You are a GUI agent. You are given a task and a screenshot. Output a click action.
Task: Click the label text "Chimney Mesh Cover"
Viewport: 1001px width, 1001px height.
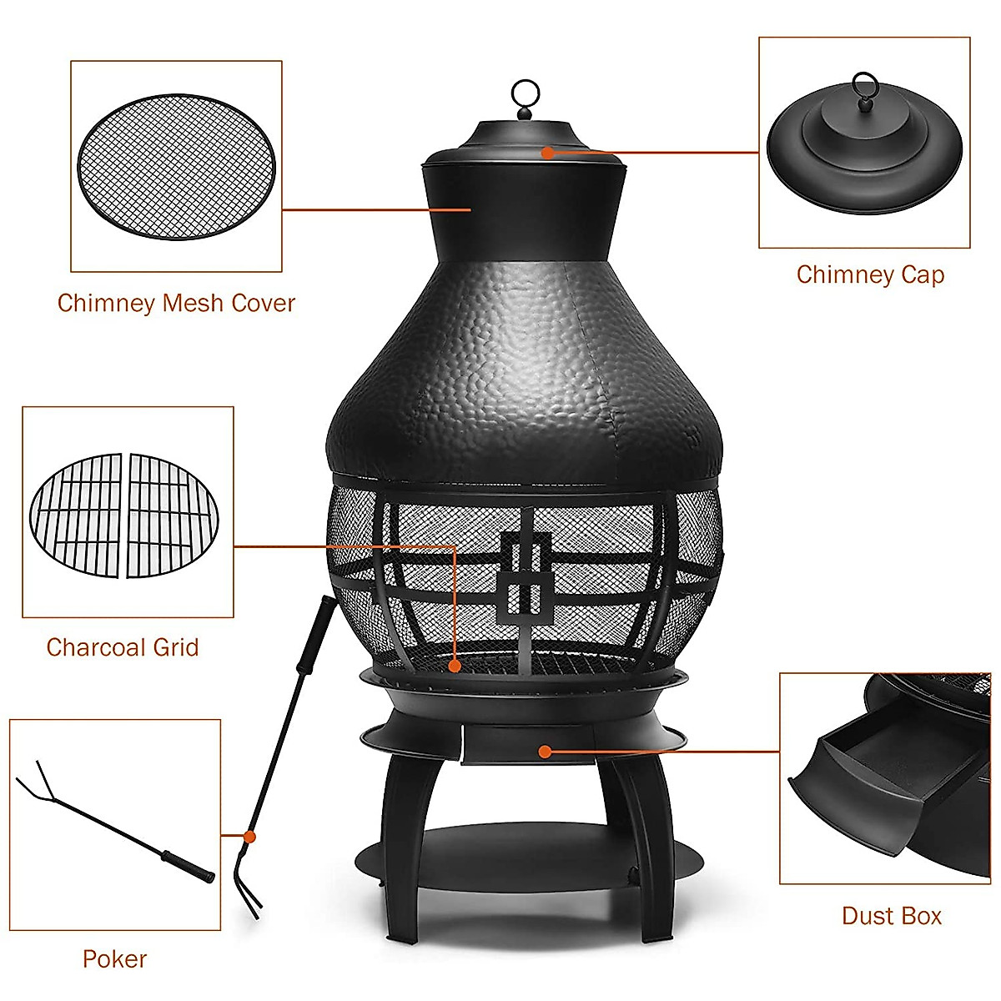176,303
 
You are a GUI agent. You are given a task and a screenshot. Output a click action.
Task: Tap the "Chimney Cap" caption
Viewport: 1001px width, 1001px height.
870,274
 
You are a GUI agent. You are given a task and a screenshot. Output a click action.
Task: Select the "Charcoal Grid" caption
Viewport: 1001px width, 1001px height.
123,647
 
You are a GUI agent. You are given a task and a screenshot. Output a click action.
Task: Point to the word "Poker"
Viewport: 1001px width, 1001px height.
114,959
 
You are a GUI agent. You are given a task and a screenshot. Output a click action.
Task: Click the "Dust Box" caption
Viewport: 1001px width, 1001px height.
892,916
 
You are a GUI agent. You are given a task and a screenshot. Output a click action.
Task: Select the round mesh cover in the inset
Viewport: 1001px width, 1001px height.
176,165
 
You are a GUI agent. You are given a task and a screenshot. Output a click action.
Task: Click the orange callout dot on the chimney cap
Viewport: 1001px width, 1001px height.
546,152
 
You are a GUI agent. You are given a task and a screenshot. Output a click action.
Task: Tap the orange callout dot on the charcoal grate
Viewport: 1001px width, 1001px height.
455,666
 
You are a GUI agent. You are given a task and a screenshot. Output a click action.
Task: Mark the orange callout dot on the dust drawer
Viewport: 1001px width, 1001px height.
544,752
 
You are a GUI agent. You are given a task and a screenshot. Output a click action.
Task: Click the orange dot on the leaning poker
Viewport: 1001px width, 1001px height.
249,835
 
